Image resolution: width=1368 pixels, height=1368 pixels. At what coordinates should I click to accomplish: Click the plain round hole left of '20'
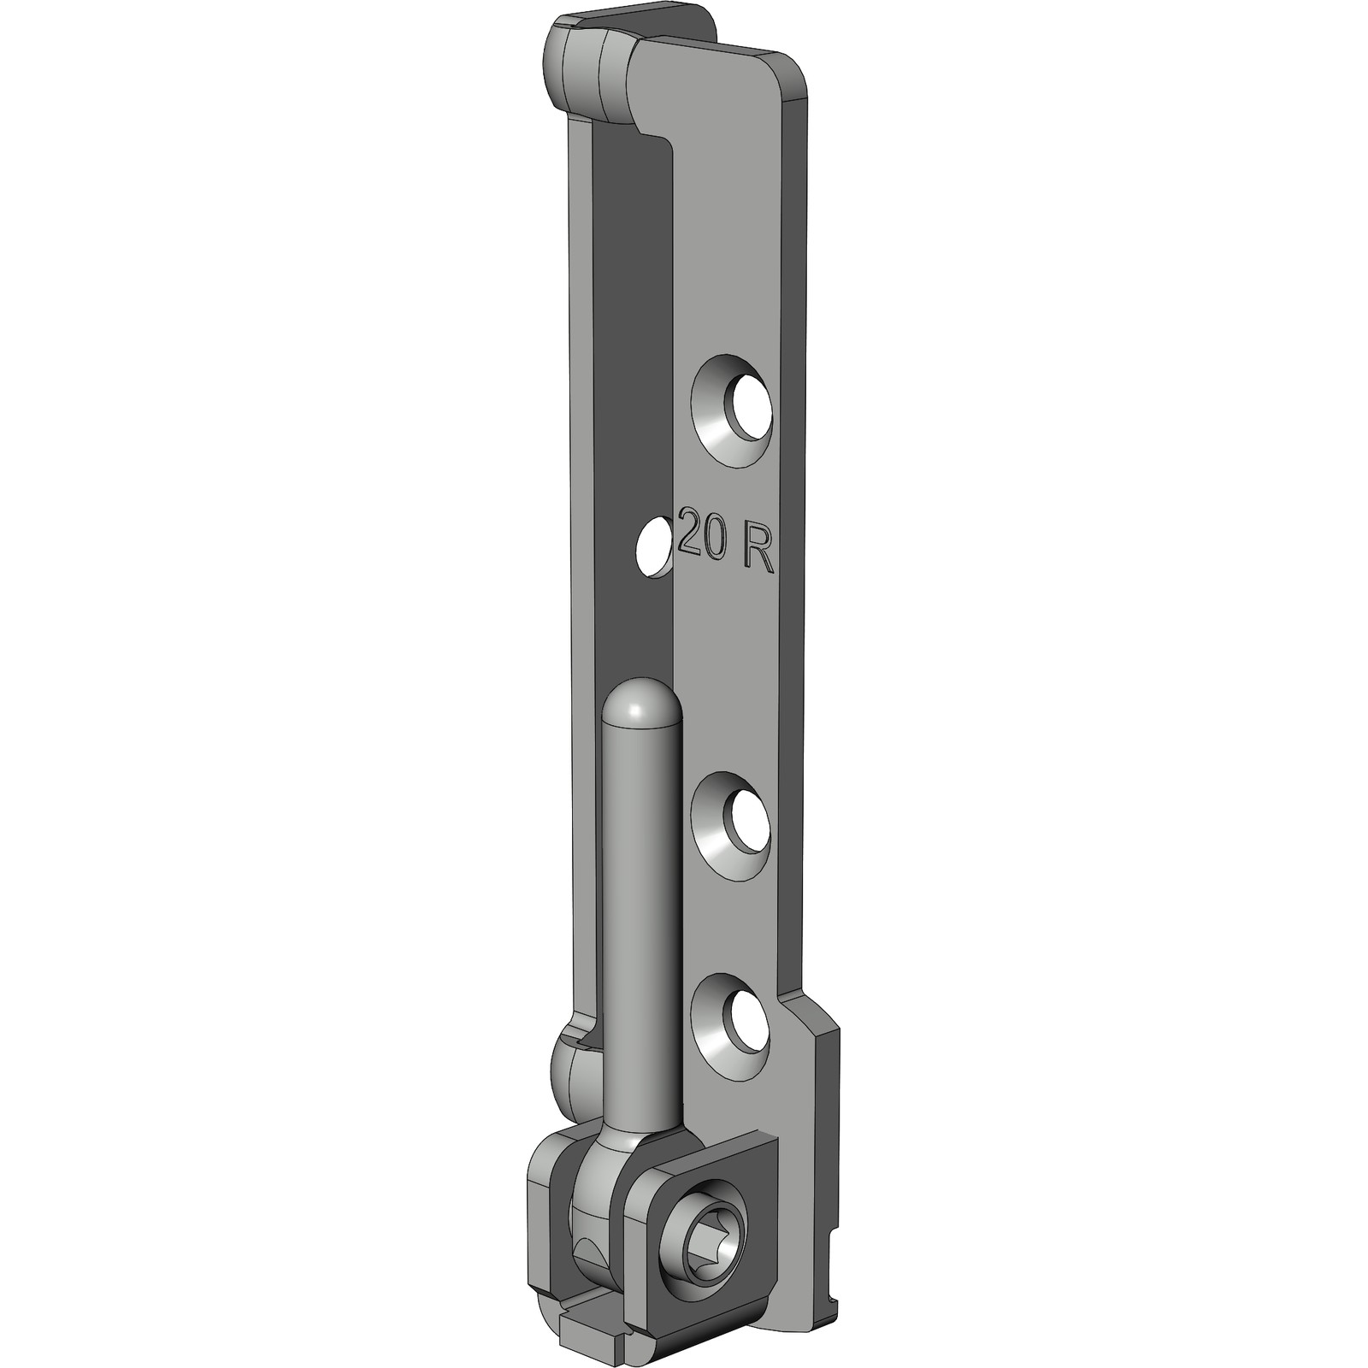[655, 545]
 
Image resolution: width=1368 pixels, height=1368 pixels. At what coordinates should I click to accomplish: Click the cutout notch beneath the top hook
[654, 137]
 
